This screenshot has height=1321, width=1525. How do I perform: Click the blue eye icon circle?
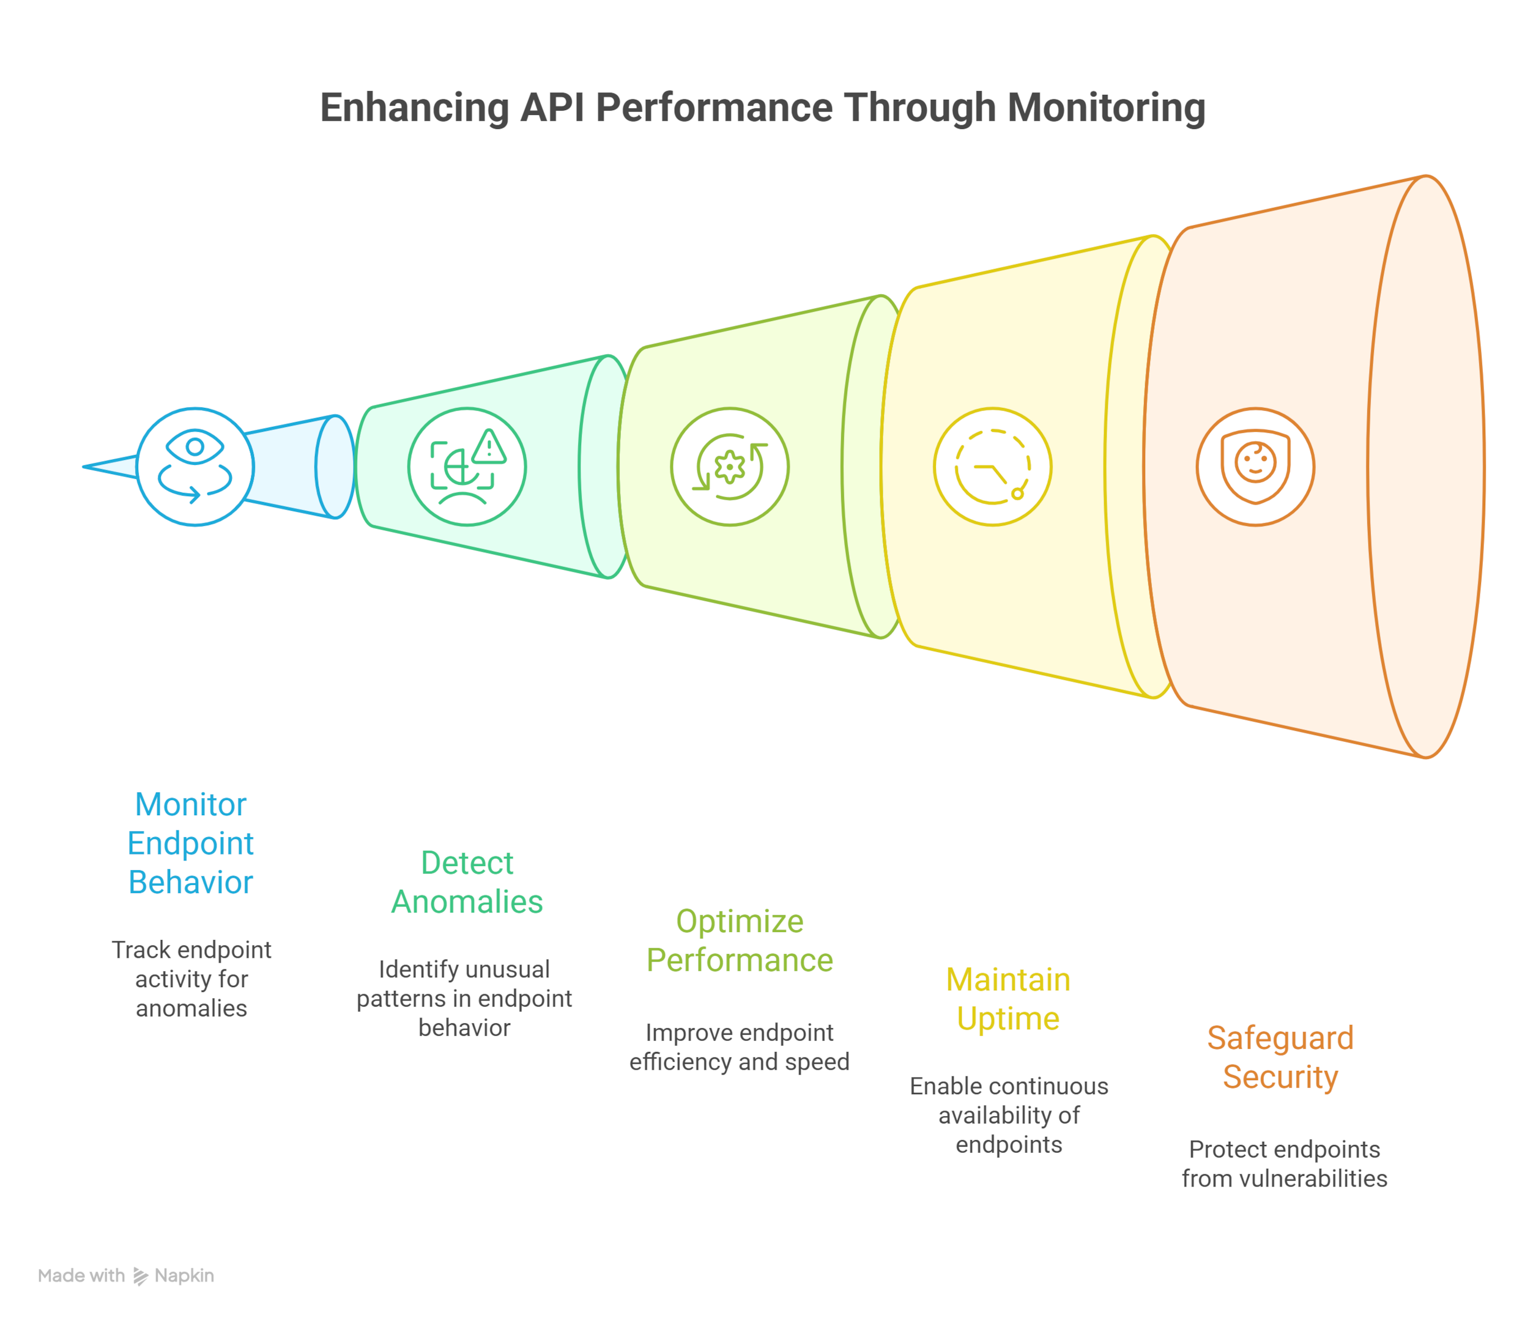tap(195, 467)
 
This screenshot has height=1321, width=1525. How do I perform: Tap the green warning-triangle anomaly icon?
tap(467, 467)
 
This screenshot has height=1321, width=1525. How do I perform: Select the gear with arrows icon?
tap(729, 467)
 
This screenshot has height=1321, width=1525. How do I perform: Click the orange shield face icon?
tap(1255, 467)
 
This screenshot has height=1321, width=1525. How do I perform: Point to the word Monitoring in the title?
tap(1106, 108)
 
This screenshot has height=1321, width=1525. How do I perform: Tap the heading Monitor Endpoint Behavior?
tap(191, 843)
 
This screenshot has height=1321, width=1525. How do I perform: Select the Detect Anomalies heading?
tap(467, 882)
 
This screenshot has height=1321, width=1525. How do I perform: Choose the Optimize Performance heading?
tap(740, 940)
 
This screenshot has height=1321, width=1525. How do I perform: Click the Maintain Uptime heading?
tap(1008, 999)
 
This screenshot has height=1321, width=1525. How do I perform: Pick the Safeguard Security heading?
tap(1280, 1057)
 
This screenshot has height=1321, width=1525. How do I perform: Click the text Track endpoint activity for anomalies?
tap(191, 979)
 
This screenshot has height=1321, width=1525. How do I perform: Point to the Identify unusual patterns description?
tap(464, 998)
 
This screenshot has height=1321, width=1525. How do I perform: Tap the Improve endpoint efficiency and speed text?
tap(740, 1047)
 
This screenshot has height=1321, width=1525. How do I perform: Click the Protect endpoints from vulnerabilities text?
tap(1284, 1163)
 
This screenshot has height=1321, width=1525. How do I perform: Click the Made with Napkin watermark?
tap(126, 1275)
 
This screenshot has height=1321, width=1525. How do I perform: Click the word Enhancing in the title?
tap(414, 108)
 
